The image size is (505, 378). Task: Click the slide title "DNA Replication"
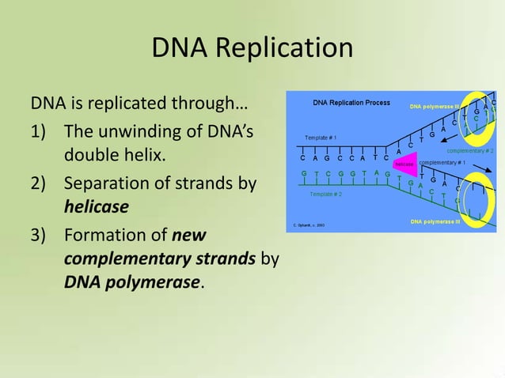pyautogui.click(x=252, y=48)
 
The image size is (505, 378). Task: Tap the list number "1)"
pyautogui.click(x=40, y=130)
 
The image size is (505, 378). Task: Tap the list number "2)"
pyautogui.click(x=40, y=184)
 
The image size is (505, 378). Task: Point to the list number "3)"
pyautogui.click(x=40, y=235)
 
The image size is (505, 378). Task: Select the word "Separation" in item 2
pyautogui.click(x=104, y=184)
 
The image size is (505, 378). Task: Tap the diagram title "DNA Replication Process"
pyautogui.click(x=351, y=103)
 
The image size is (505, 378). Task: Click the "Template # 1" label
pyautogui.click(x=321, y=138)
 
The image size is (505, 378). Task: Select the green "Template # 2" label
pyautogui.click(x=325, y=194)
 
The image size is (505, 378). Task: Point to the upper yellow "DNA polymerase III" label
pyautogui.click(x=435, y=106)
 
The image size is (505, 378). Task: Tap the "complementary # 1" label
pyautogui.click(x=442, y=162)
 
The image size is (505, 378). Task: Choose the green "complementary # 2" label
pyautogui.click(x=470, y=149)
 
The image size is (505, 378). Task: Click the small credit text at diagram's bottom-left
pyautogui.click(x=308, y=225)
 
